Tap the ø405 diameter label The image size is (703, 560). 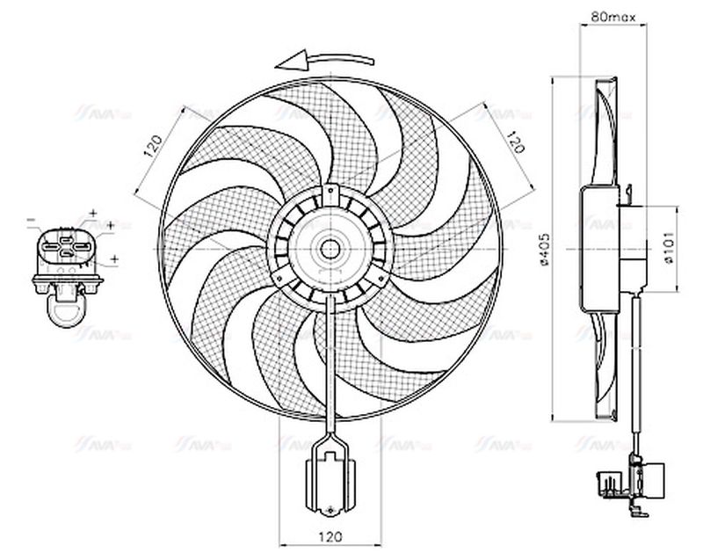click(x=545, y=249)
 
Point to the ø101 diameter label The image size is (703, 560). click(x=667, y=249)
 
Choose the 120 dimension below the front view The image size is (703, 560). click(x=330, y=535)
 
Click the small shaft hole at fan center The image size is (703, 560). click(x=330, y=249)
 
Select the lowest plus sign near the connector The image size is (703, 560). click(x=115, y=260)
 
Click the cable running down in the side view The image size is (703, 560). click(x=634, y=369)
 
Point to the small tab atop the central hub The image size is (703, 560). click(x=330, y=191)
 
